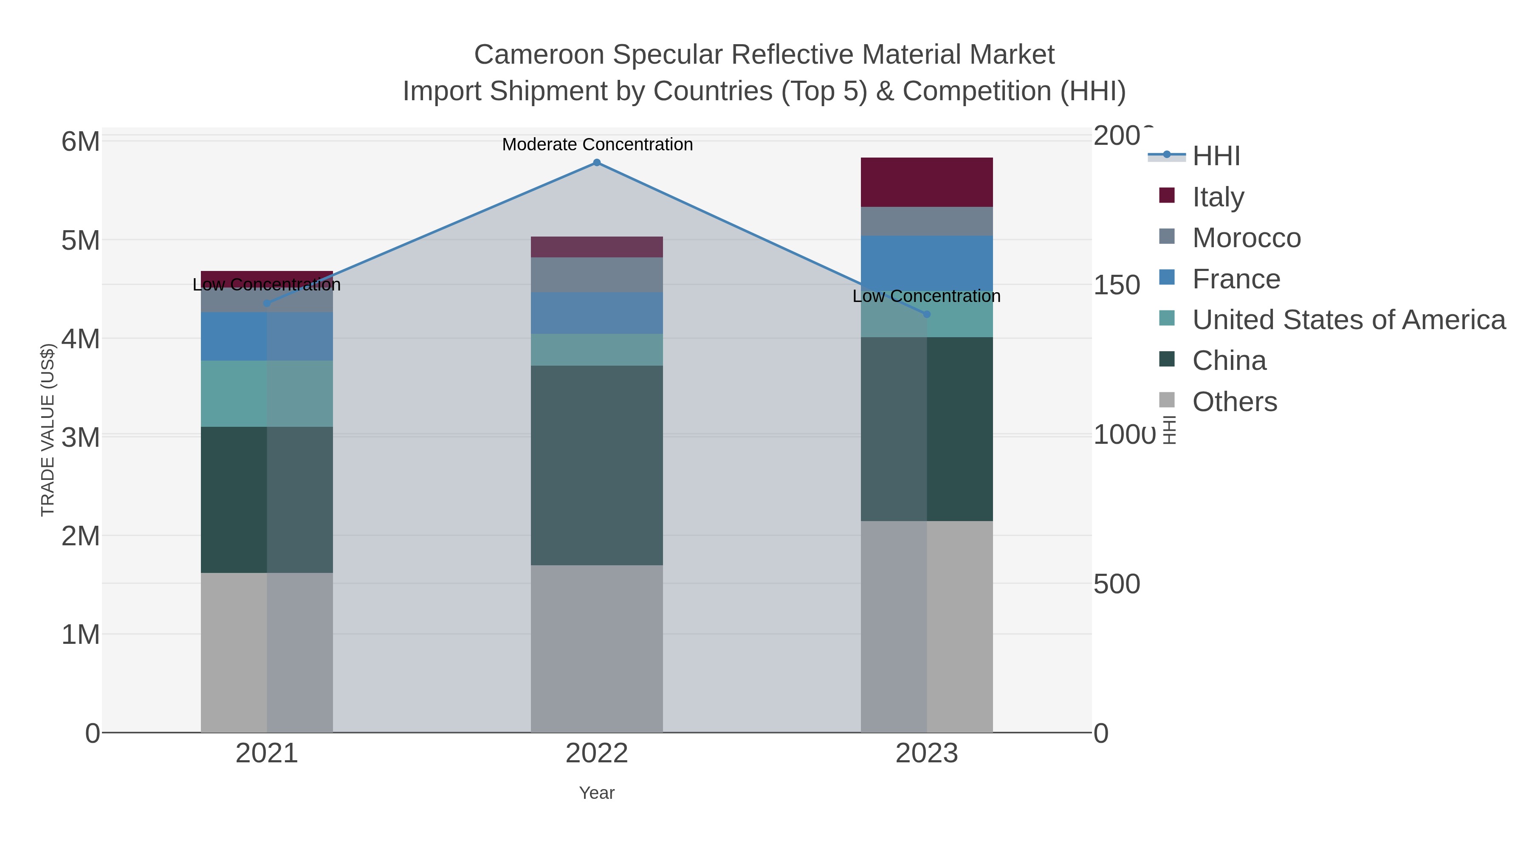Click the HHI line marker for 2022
click(x=597, y=163)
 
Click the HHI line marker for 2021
click(x=266, y=303)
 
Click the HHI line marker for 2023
click(x=927, y=314)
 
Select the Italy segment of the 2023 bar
click(x=927, y=182)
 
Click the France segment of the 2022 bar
click(x=597, y=313)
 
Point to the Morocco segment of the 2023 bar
click(x=927, y=221)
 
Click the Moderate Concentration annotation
click(x=597, y=144)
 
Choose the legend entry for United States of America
click(x=1348, y=320)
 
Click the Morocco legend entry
click(x=1247, y=238)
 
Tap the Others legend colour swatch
click(x=1166, y=400)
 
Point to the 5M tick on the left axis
click(x=80, y=240)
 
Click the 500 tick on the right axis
click(x=1116, y=584)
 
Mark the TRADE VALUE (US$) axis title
click(x=48, y=430)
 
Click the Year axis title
click(x=597, y=793)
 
